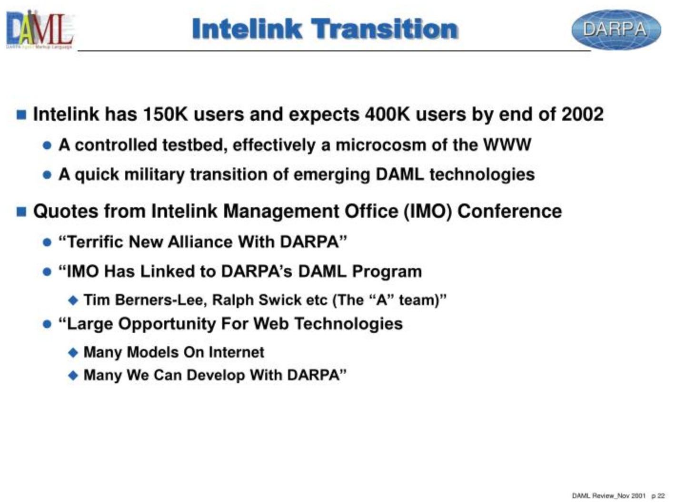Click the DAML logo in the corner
pos(40,30)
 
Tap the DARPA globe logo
pos(616,29)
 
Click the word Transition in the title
pos(385,29)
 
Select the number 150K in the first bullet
pos(166,114)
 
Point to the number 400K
pos(387,114)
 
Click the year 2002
pos(583,114)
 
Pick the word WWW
pos(507,145)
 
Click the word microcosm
pos(381,145)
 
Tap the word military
pos(154,174)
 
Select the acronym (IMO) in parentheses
pos(428,211)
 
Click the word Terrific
pos(95,242)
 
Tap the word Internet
pos(237,352)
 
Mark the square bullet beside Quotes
pos(21,211)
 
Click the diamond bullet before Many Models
pos(73,353)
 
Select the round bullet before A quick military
pos(47,175)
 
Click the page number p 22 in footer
pos(658,496)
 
